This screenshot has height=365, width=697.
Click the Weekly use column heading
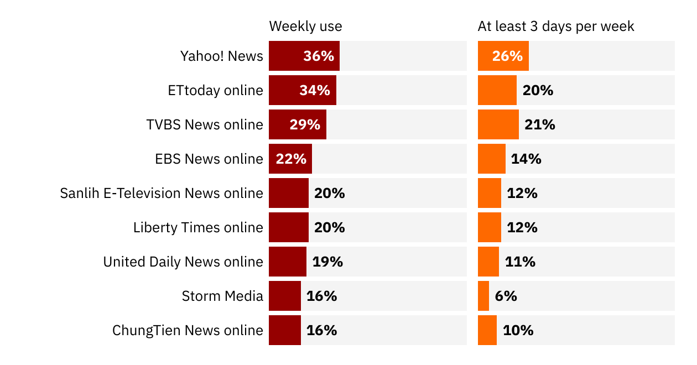(x=305, y=26)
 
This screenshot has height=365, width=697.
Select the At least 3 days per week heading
(x=556, y=26)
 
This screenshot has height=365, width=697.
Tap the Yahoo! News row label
(x=222, y=56)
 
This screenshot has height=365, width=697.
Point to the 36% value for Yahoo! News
(x=319, y=56)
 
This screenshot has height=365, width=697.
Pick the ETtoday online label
(x=216, y=90)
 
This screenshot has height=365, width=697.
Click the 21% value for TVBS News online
(x=540, y=124)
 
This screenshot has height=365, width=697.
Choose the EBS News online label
(x=209, y=159)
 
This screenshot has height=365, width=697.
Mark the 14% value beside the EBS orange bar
(x=526, y=159)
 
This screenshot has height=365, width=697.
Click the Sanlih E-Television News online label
(x=162, y=193)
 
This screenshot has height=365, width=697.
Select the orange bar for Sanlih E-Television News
(x=489, y=193)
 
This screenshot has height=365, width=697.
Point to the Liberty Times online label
(x=198, y=227)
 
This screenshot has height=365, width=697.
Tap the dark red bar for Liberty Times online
(x=288, y=227)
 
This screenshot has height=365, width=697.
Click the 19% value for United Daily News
(x=327, y=262)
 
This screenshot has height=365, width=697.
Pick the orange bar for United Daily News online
(x=488, y=262)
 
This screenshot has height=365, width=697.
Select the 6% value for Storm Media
(x=506, y=296)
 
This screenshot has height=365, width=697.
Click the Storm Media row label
(x=222, y=296)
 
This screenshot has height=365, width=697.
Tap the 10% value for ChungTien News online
(x=518, y=330)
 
